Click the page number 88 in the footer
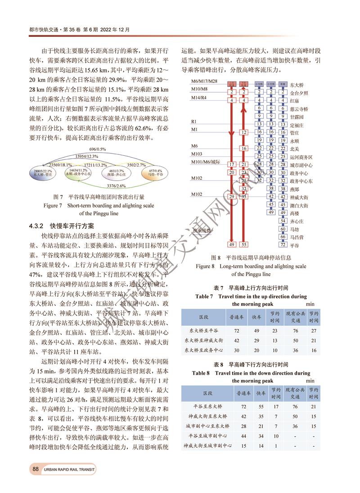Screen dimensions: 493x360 tap(35, 469)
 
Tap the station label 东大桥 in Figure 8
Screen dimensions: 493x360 tap(297, 85)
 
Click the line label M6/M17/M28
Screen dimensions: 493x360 tap(204, 81)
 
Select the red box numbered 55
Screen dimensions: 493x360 tap(243, 244)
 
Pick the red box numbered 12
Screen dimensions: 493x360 tap(243, 132)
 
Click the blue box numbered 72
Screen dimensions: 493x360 tap(283, 244)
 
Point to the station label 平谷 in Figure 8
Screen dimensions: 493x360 tap(294, 245)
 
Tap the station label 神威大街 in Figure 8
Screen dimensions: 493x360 tap(299, 197)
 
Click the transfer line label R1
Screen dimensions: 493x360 tap(194, 122)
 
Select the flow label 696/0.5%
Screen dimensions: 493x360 tap(97, 149)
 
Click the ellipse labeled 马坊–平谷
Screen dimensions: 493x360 tap(156, 173)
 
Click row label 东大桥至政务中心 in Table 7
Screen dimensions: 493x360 tap(204, 350)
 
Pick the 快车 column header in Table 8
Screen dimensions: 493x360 tap(261, 393)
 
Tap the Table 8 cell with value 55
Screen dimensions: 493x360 tap(261, 406)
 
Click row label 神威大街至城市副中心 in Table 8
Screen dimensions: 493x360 tap(208, 445)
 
